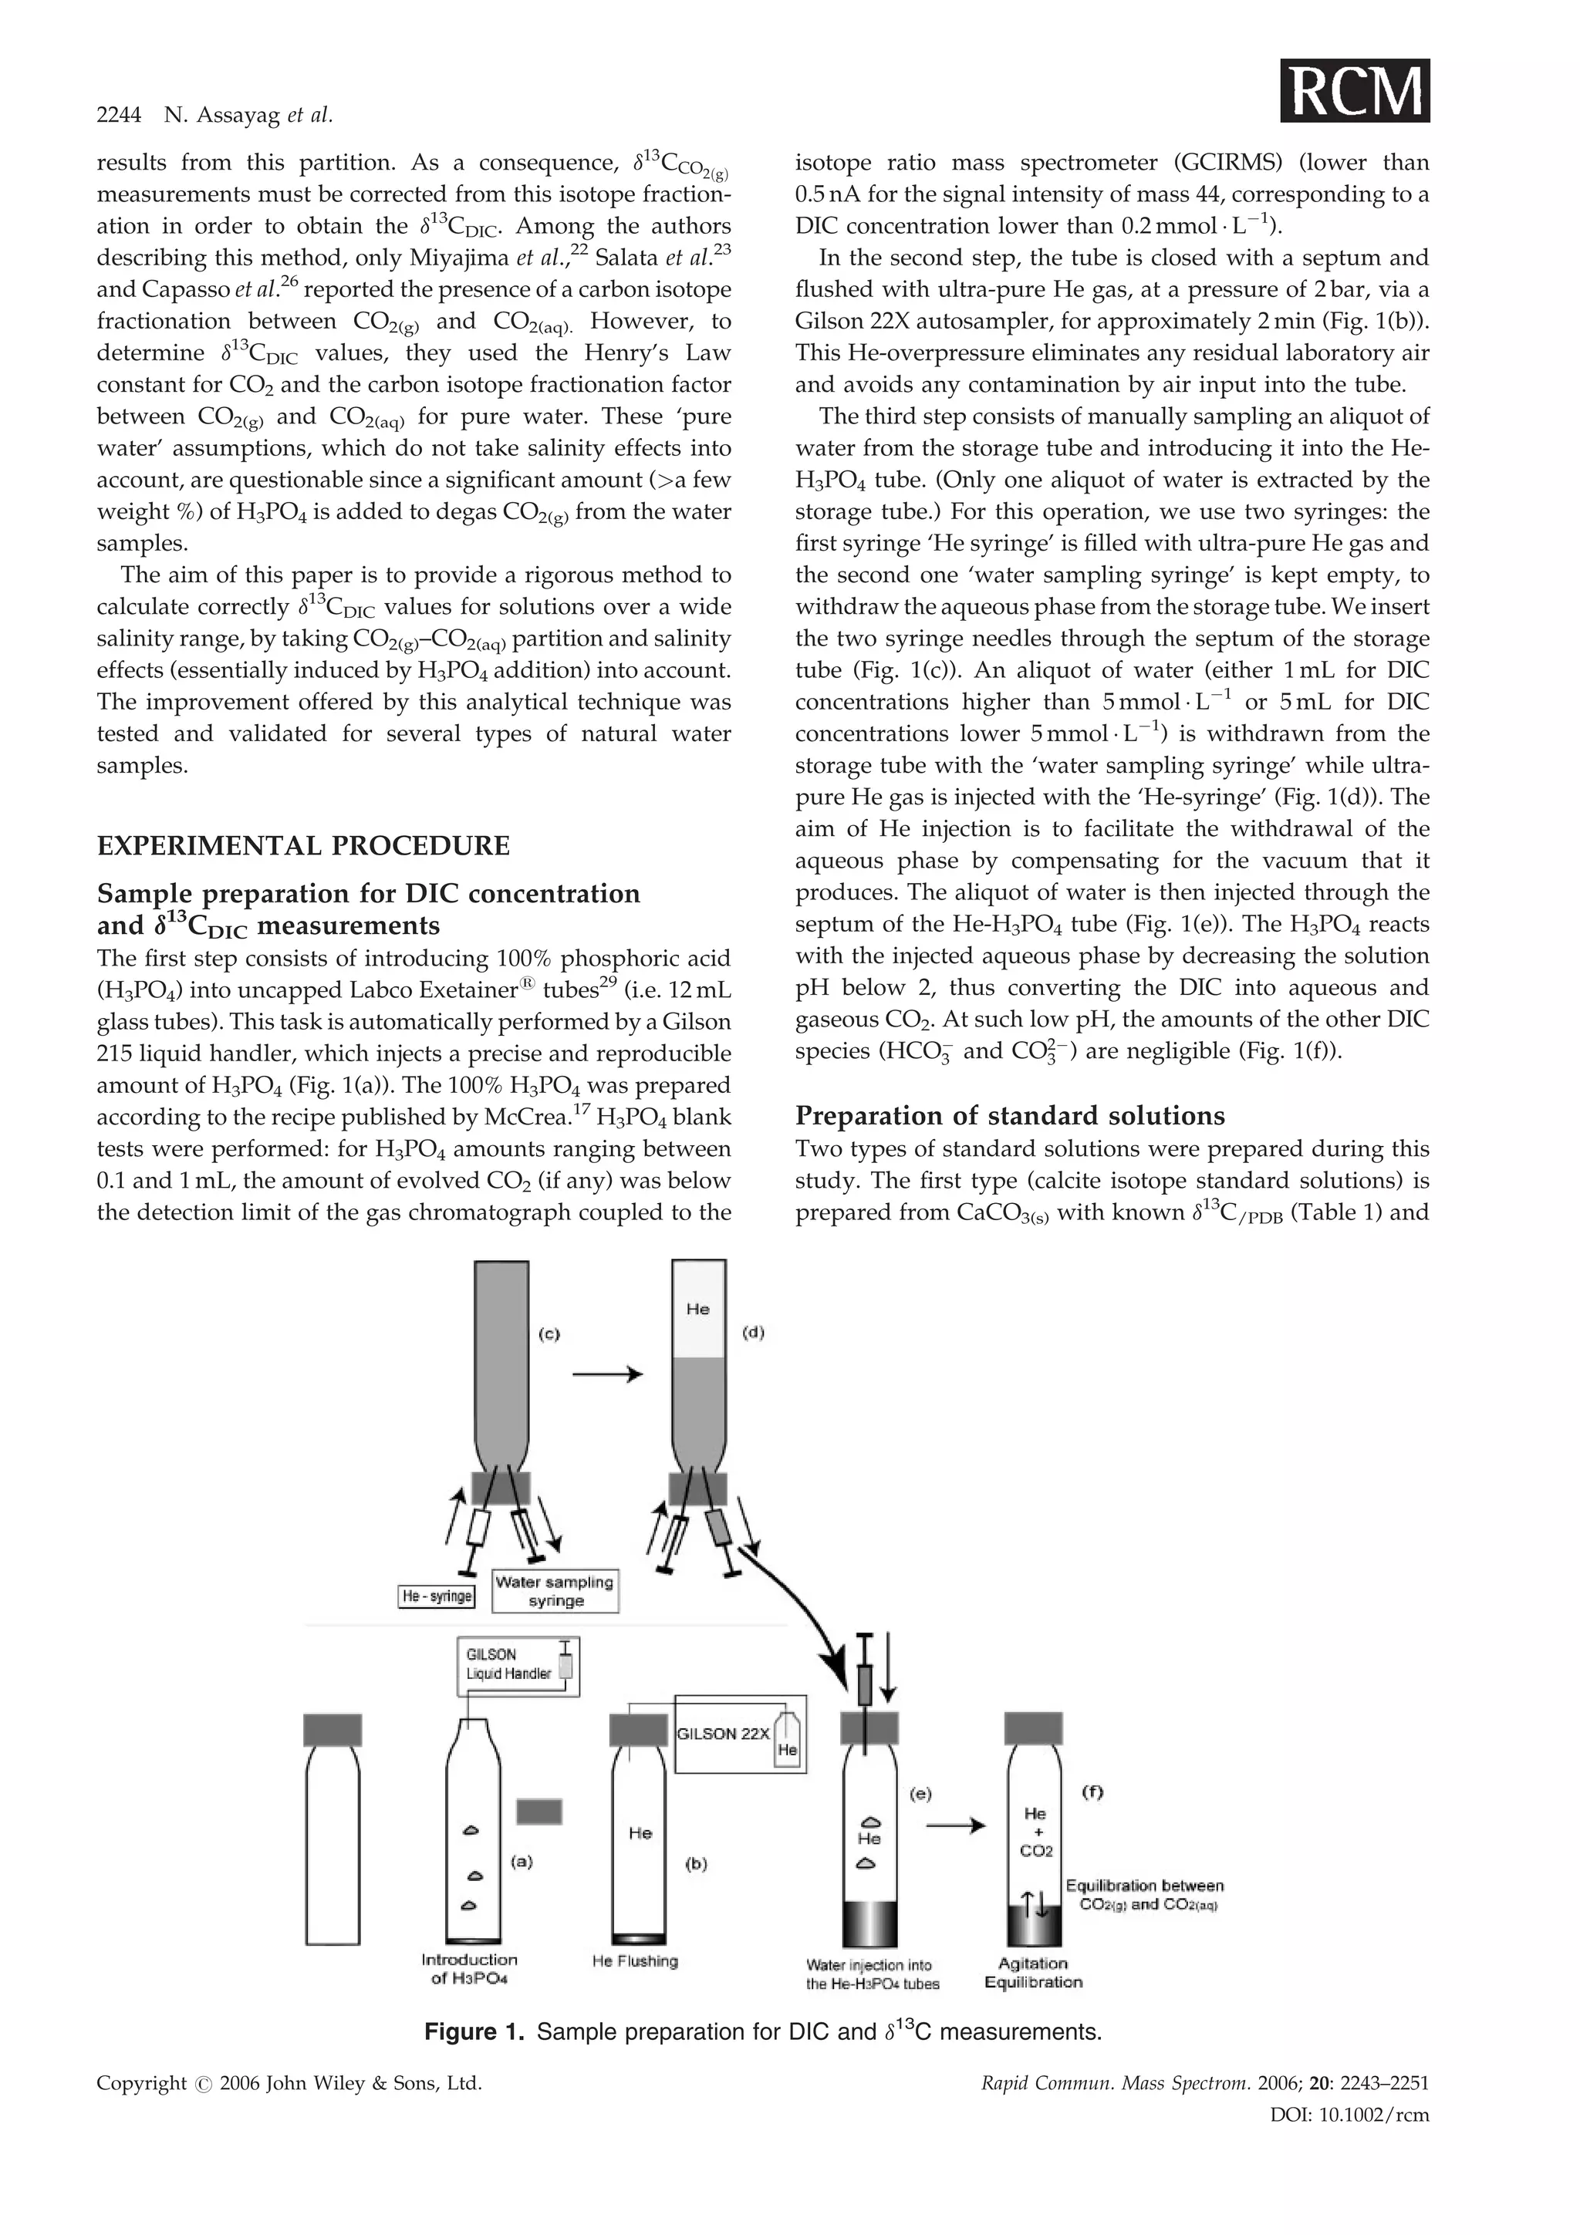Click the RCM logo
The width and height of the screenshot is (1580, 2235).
[1355, 90]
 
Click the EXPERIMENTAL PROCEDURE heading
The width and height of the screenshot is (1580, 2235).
[302, 845]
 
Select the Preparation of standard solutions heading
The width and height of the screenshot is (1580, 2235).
[1010, 1115]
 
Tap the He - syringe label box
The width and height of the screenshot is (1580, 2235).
[437, 1596]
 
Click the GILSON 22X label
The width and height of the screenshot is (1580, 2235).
[722, 1734]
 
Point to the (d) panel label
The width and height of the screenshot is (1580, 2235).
[752, 1333]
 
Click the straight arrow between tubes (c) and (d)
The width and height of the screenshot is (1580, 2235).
[607, 1374]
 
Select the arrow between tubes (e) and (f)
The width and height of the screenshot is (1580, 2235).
[956, 1826]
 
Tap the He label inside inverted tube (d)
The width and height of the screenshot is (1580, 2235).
[698, 1310]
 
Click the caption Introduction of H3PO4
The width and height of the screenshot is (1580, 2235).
[469, 1969]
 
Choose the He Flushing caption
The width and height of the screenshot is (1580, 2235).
[635, 1961]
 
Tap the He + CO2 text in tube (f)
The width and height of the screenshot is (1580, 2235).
[1036, 1832]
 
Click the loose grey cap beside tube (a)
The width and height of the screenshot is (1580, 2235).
[538, 1812]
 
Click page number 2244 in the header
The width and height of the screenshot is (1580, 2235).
[119, 116]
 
